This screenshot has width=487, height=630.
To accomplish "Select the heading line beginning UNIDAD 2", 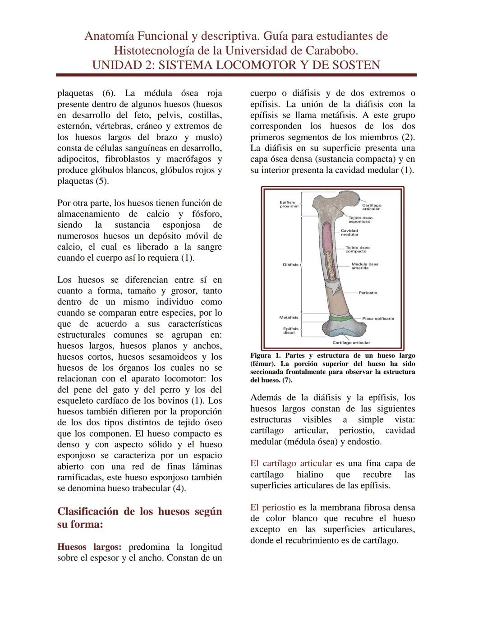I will (x=236, y=65).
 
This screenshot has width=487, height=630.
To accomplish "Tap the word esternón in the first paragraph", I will (x=74, y=126).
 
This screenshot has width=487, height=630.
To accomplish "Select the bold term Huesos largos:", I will (x=89, y=547).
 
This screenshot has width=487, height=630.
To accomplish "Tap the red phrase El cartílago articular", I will (x=291, y=464).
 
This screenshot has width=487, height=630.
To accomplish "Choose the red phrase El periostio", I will (x=273, y=508).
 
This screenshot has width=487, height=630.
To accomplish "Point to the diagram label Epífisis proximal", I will (x=289, y=204).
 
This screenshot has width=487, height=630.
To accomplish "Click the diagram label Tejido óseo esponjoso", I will (x=360, y=220).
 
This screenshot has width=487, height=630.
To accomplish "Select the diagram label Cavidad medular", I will (x=349, y=233).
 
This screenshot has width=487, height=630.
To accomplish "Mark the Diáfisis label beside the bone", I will (x=290, y=265).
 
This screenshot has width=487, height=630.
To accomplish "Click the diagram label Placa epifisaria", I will (x=378, y=318).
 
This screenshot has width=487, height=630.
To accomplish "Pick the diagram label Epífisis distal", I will (x=289, y=331).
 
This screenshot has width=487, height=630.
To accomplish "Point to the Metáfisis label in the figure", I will (x=289, y=317).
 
